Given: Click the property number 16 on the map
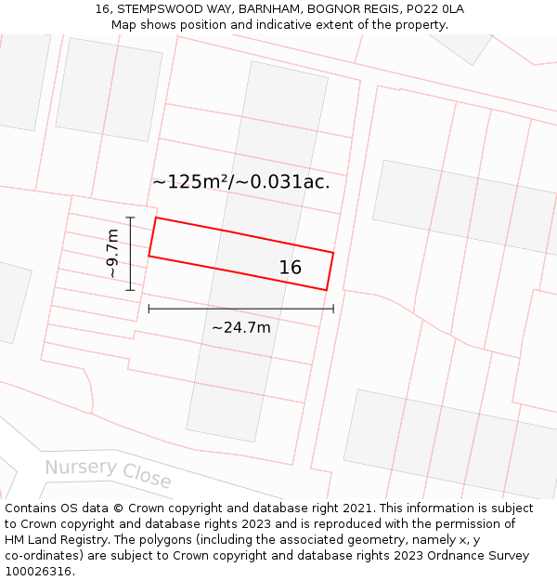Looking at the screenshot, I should pyautogui.click(x=291, y=268).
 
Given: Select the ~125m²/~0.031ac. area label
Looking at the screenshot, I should pyautogui.click(x=241, y=182).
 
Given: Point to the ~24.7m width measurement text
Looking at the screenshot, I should pyautogui.click(x=241, y=327).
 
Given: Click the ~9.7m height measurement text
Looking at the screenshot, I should pyautogui.click(x=112, y=254).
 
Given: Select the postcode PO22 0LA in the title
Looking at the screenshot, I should pyautogui.click(x=435, y=9).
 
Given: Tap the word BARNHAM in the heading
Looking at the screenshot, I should pyautogui.click(x=269, y=9).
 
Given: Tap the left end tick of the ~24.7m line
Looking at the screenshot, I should pyautogui.click(x=149, y=308).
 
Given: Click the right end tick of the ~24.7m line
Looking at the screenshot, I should pyautogui.click(x=333, y=308).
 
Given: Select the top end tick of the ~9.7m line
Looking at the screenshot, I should pyautogui.click(x=131, y=218).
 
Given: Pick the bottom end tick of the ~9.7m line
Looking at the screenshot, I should pyautogui.click(x=131, y=290).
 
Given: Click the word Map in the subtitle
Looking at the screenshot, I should pyautogui.click(x=124, y=25).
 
